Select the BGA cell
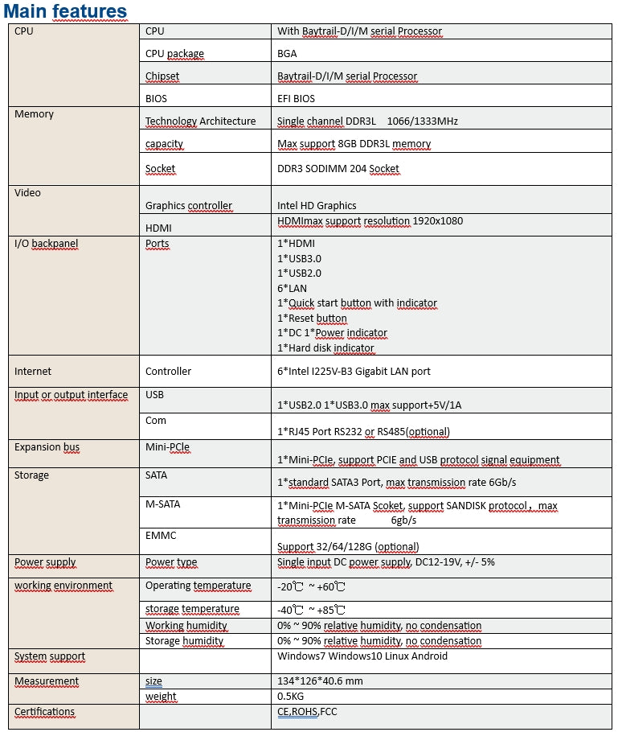287,54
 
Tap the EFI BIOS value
296,99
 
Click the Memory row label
34,114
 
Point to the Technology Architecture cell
200,121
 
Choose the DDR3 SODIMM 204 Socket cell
338,169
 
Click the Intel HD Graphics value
317,205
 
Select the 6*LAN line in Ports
292,288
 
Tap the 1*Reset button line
312,319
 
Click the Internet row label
33,372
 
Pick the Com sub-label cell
156,420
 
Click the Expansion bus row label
47,447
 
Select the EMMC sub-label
161,535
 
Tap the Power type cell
171,563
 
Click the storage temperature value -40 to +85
311,610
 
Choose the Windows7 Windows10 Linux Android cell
362,656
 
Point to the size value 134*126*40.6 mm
320,681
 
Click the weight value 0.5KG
290,697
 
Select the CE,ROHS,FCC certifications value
308,712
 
